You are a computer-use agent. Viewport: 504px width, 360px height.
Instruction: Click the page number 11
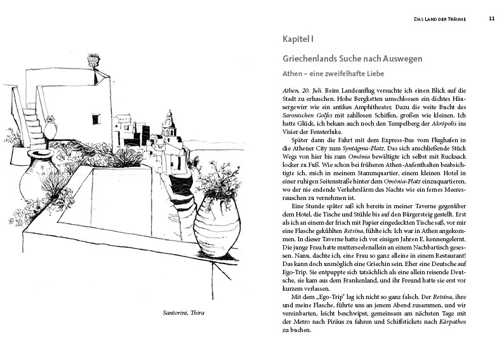[492, 19]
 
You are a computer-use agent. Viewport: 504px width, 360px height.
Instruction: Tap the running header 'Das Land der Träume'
[440, 19]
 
